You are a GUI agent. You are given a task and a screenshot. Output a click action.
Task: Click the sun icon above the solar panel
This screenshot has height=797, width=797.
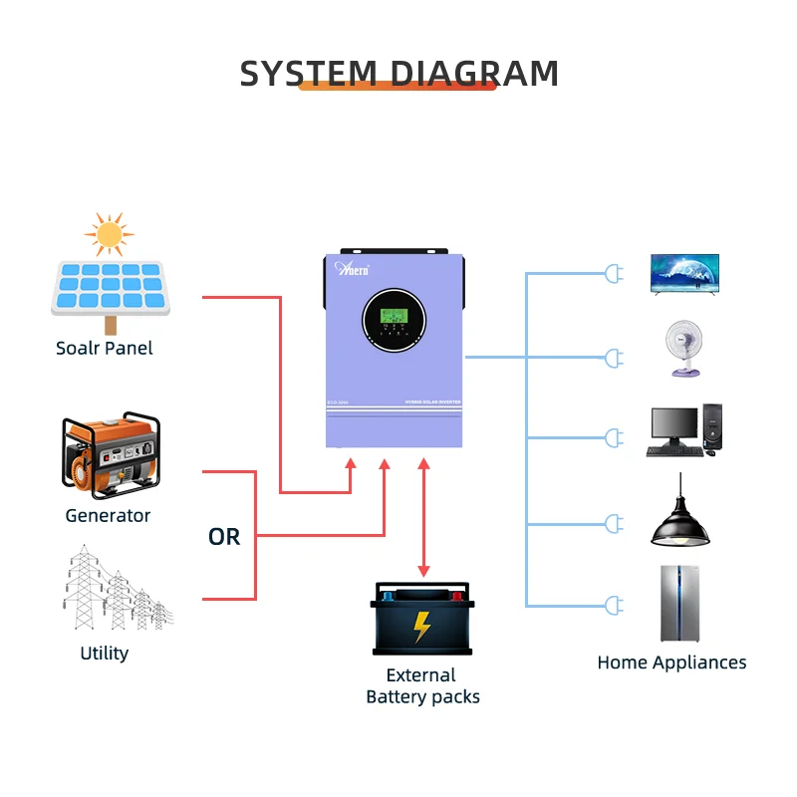109,235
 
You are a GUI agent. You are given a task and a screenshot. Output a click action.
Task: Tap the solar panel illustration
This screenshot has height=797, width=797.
110,289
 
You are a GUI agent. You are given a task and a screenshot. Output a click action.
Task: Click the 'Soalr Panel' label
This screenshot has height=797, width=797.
105,349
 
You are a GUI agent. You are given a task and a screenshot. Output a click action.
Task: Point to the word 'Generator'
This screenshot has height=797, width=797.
108,515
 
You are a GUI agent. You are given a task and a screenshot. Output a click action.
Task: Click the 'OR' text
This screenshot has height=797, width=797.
224,537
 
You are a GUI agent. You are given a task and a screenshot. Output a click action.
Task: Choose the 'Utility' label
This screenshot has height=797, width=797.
105,654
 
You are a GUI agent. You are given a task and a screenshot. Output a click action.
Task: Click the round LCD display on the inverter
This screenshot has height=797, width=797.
395,318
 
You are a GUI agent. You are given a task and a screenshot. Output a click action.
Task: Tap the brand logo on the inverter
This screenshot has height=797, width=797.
353,268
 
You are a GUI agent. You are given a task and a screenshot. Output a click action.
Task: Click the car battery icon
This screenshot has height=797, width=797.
422,618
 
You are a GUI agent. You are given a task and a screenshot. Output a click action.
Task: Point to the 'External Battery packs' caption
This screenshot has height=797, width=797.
422,686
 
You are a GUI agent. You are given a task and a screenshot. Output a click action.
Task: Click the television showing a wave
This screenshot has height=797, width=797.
684,273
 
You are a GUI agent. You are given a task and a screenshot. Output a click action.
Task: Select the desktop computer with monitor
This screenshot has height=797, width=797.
683,430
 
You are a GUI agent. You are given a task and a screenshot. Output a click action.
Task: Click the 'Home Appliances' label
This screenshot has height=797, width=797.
671,663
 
